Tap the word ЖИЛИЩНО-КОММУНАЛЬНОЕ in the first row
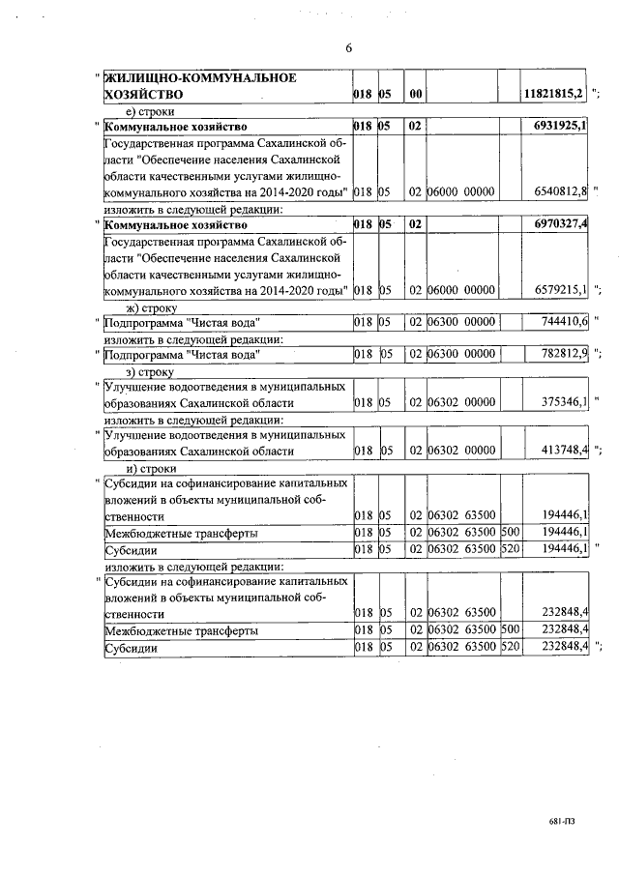point(199,77)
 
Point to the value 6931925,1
point(560,127)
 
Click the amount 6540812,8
point(560,192)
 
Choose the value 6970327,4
point(560,224)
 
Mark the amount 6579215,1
point(560,290)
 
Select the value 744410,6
point(563,322)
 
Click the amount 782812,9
point(563,355)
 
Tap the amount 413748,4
point(563,452)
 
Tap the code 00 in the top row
point(413,95)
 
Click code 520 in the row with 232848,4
point(510,647)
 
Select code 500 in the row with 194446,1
point(510,533)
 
